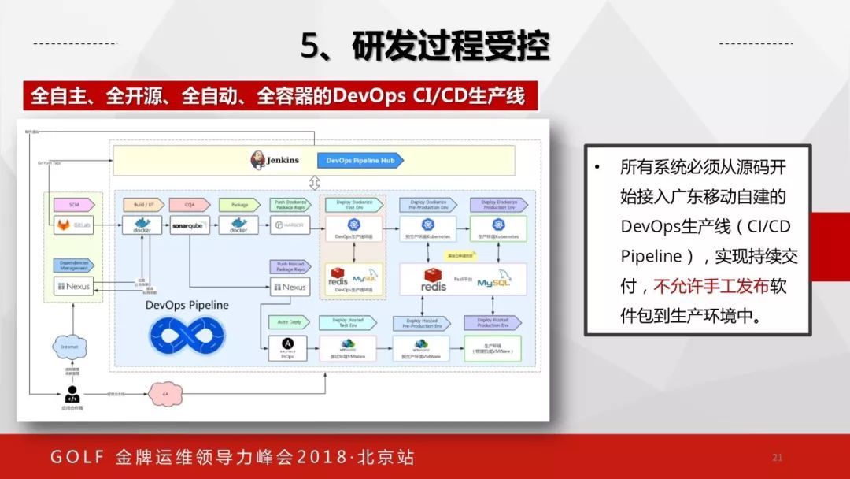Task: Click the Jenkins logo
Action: pos(258,160)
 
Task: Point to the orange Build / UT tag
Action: pos(142,204)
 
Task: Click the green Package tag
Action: pos(239,204)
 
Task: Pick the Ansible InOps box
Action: pos(288,347)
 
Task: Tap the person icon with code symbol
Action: pos(72,394)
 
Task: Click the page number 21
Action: pos(778,458)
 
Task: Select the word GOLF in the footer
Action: pos(76,458)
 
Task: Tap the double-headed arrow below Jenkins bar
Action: pos(314,183)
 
